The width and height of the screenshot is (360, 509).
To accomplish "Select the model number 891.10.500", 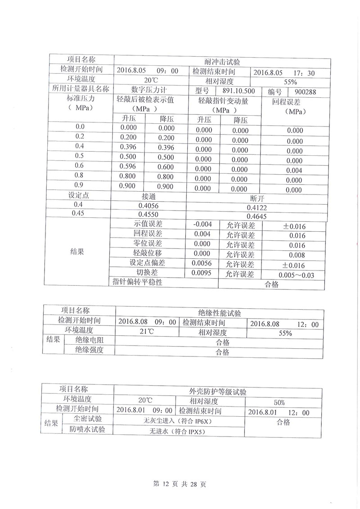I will pos(238,91).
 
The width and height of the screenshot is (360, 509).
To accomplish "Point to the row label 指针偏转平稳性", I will pos(137,282).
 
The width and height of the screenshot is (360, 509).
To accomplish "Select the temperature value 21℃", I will pos(147,333).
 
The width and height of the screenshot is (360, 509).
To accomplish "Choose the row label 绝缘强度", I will pos(89,350).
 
